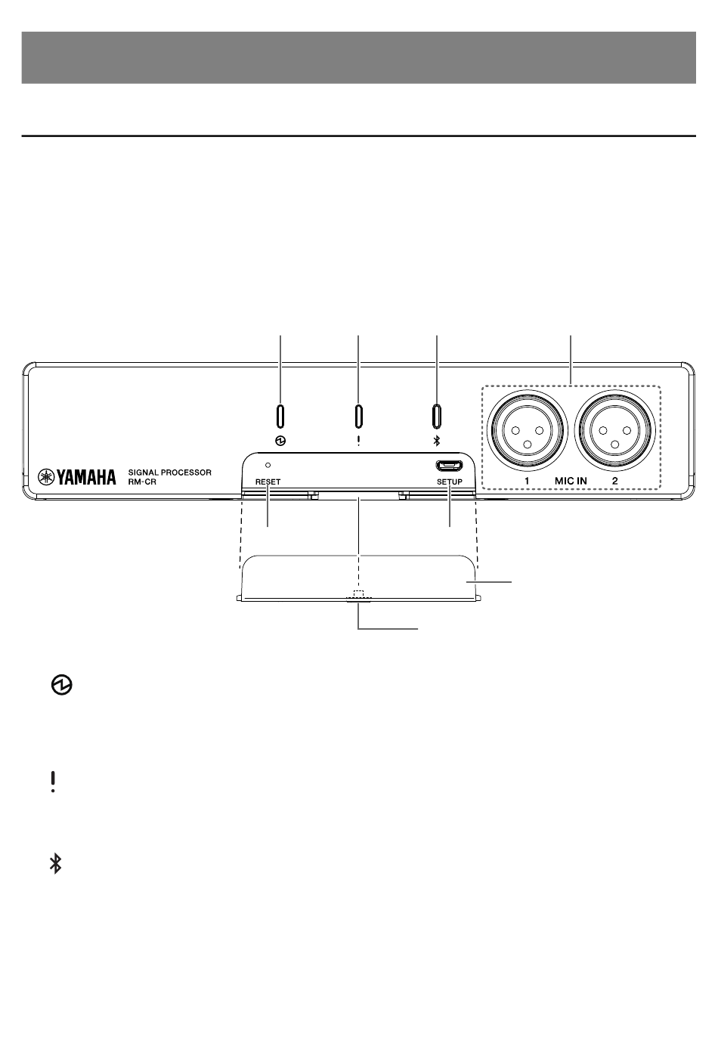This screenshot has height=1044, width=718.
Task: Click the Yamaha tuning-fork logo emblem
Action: tap(46, 477)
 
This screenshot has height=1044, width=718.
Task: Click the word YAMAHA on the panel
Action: tap(86, 477)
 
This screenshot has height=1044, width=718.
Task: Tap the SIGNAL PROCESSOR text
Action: tap(169, 472)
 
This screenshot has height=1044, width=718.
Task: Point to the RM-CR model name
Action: tap(142, 482)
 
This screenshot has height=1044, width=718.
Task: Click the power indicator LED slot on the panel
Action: tap(280, 415)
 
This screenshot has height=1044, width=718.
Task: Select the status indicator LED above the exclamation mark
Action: tap(358, 415)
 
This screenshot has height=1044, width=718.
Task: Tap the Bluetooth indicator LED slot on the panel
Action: tap(437, 415)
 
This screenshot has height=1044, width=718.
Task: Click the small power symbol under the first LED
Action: tap(280, 441)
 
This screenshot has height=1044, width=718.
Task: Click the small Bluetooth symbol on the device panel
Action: tap(437, 441)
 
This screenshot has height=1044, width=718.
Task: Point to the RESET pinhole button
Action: tap(268, 465)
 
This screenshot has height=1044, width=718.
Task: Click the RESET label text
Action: tap(268, 482)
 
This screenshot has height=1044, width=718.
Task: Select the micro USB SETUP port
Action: tap(449, 465)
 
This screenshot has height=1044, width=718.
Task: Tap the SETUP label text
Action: tap(450, 482)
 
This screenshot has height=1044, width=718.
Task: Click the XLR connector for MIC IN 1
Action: tap(527, 431)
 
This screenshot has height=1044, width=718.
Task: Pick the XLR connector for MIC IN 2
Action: tap(615, 431)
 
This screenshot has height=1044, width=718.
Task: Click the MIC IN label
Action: tap(571, 481)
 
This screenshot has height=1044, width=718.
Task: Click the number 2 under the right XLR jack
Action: tap(615, 481)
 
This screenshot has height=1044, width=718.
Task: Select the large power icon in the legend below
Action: tap(61, 685)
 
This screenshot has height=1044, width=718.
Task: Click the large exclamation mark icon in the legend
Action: tap(53, 782)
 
